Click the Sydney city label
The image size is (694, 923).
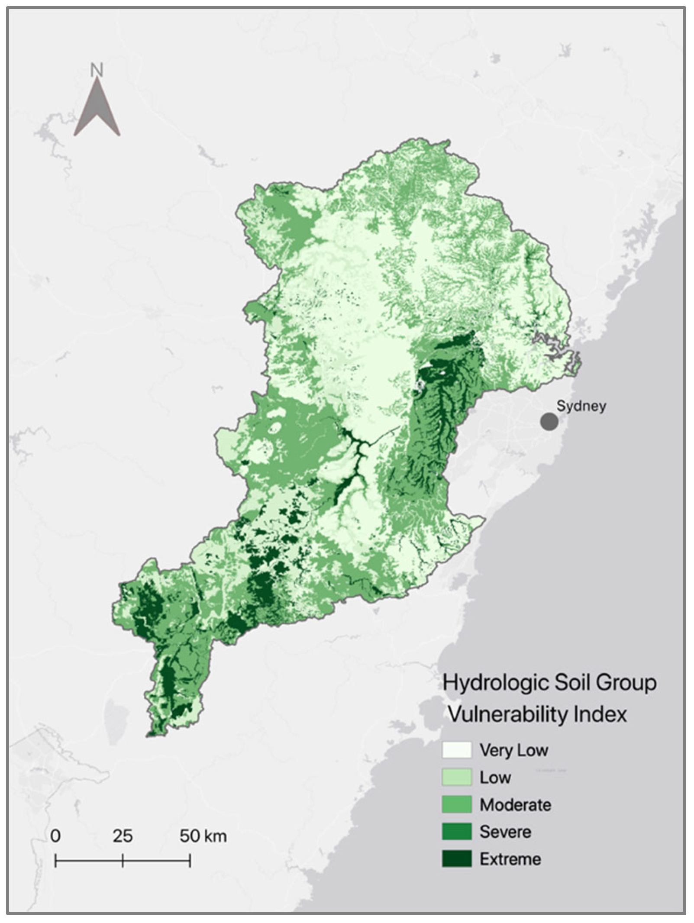pyautogui.click(x=581, y=406)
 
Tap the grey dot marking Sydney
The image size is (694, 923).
pyautogui.click(x=549, y=422)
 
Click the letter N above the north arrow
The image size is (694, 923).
pyautogui.click(x=97, y=70)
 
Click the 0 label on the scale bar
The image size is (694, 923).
pyautogui.click(x=55, y=836)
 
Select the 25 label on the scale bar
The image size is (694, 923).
pyautogui.click(x=123, y=836)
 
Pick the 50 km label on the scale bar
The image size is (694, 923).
pyautogui.click(x=203, y=836)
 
